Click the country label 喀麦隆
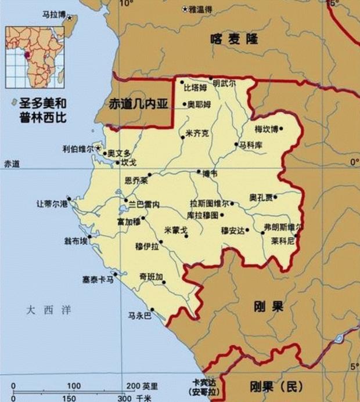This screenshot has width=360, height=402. coord(235,39)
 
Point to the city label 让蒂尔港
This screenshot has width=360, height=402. coord(52,204)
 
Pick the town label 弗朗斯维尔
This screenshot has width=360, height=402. coord(283,226)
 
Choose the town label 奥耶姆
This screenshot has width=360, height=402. coord(199,104)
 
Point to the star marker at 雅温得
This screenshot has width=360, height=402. coord(185,9)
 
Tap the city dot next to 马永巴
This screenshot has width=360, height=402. coord(152,309)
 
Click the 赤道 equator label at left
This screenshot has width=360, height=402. coord(12,164)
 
